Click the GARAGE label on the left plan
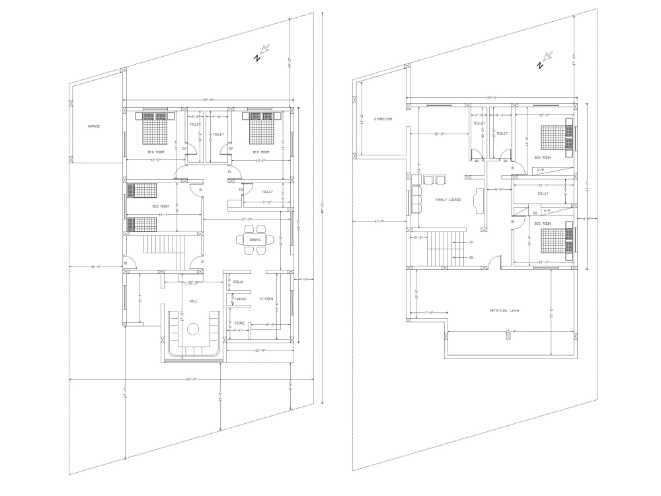point(94,126)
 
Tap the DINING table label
point(254,239)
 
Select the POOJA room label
point(239,282)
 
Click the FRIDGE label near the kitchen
point(241,300)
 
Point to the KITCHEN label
point(266,299)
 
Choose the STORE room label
point(239,323)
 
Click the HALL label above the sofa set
point(194,301)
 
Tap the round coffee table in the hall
point(193,329)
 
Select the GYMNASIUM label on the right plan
point(383,119)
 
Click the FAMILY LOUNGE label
point(447,199)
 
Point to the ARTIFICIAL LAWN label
point(504,310)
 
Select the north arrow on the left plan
point(262,52)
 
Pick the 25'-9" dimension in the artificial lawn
point(510,331)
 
